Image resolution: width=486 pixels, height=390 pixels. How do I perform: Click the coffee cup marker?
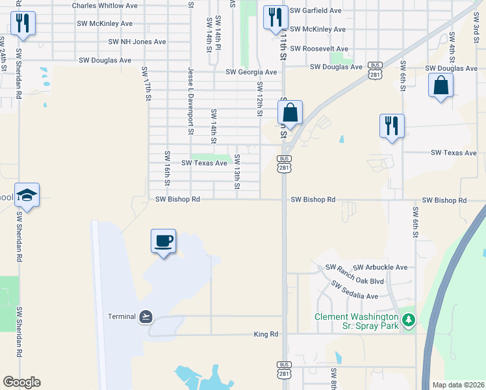(x=164, y=241)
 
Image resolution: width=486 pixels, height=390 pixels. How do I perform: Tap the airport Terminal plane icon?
(x=146, y=317)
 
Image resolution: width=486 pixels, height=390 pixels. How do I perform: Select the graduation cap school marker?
(x=27, y=194)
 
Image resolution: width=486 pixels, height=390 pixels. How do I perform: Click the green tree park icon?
(x=408, y=319)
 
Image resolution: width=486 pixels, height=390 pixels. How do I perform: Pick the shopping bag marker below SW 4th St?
(x=441, y=85)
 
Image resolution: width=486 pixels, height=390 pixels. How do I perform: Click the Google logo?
(x=21, y=382)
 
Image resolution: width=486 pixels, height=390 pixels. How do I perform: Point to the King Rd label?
(x=266, y=334)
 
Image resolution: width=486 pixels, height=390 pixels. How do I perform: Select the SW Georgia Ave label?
(x=251, y=73)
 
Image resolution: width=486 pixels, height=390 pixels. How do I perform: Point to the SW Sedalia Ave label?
(x=354, y=291)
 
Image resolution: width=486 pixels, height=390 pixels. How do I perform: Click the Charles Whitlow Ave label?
(x=105, y=6)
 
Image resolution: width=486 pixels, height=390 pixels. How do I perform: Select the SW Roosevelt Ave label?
(x=319, y=49)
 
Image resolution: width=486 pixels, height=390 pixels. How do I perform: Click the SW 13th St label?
(x=237, y=172)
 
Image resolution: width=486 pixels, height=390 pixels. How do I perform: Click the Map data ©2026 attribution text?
(x=457, y=384)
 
